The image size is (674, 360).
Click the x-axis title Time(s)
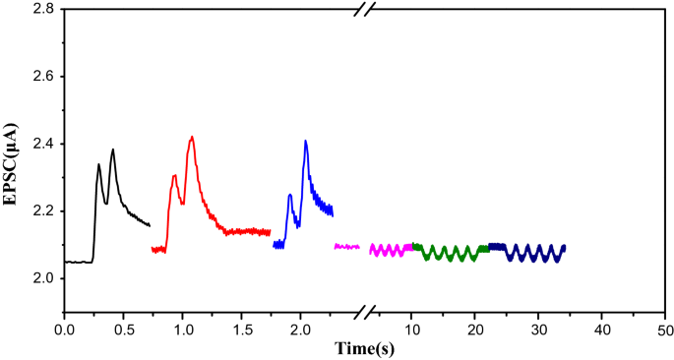[364, 347]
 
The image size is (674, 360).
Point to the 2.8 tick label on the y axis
[40, 10]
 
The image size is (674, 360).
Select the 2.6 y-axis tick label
[40, 77]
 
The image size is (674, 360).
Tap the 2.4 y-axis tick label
[40, 145]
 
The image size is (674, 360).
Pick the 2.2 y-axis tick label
[40, 211]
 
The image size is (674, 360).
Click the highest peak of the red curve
[192, 138]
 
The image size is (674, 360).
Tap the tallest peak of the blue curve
[306, 142]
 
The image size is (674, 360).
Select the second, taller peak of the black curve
[113, 150]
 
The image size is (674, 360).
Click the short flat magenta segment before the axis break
[346, 247]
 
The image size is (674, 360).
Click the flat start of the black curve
[77, 262]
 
